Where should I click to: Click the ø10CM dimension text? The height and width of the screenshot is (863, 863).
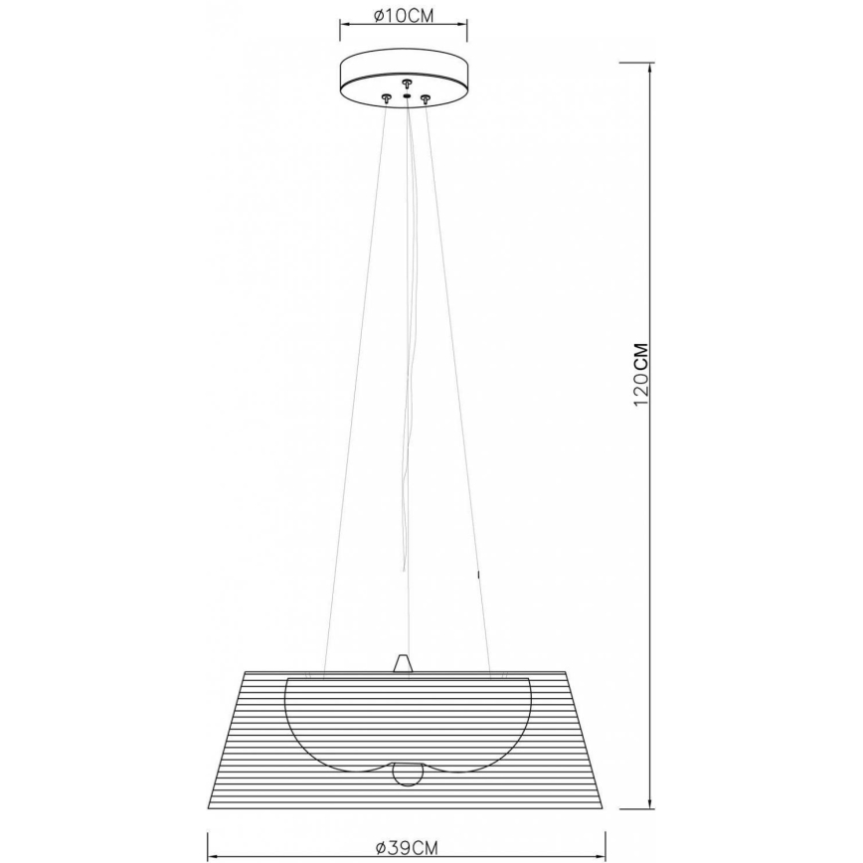(405, 16)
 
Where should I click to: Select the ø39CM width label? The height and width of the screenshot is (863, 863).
(408, 847)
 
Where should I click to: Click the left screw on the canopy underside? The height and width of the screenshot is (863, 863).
(386, 95)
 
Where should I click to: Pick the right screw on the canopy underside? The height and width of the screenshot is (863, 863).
(426, 97)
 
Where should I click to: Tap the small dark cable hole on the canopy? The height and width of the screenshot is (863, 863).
(406, 95)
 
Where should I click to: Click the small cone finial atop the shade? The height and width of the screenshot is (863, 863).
(402, 663)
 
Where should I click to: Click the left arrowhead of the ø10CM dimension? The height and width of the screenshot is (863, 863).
(343, 28)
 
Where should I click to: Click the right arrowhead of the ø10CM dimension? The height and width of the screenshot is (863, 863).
(467, 28)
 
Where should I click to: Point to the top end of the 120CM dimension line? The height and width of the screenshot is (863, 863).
(650, 62)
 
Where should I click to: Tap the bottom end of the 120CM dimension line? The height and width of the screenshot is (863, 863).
(650, 806)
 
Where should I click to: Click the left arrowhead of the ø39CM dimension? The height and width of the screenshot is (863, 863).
(210, 833)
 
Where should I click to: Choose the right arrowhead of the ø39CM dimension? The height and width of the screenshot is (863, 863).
(605, 833)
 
